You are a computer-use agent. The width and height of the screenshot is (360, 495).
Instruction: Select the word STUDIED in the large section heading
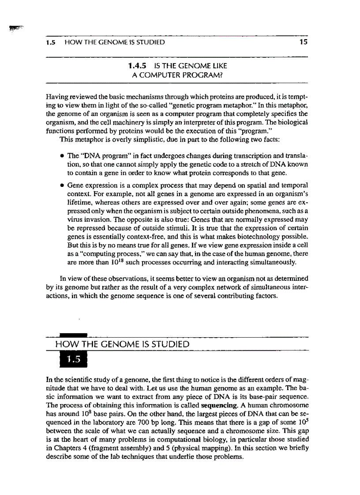(168, 344)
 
